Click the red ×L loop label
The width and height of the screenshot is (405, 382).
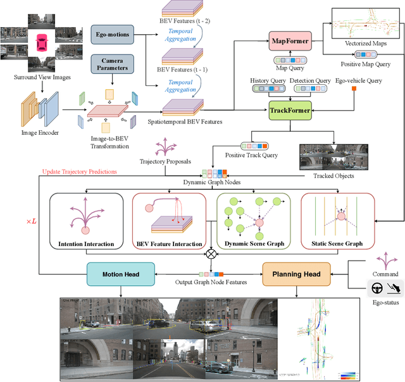coord(31,222)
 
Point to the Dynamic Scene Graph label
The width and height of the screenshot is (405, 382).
coord(252,243)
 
